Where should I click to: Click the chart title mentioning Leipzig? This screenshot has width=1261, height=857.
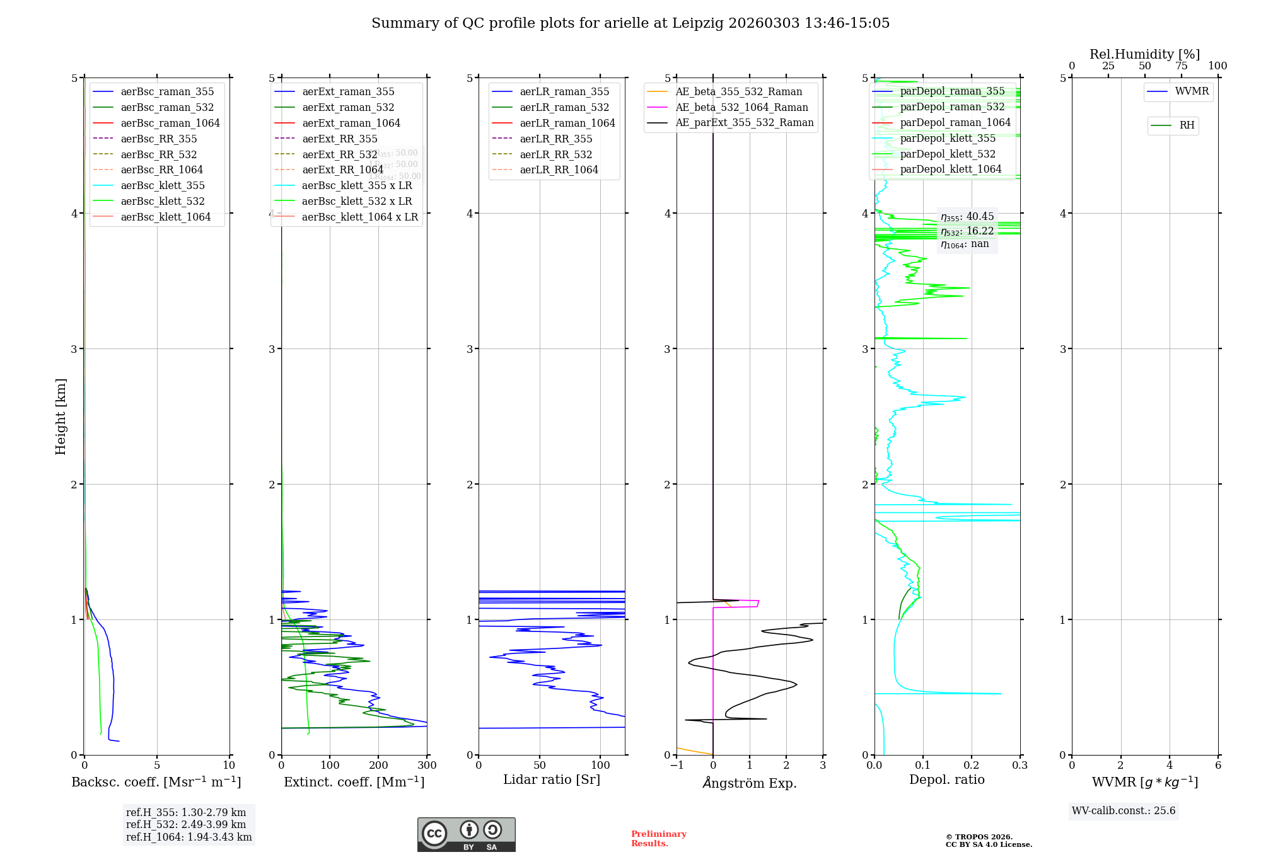click(630, 23)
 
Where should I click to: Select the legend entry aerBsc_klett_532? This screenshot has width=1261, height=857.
click(163, 202)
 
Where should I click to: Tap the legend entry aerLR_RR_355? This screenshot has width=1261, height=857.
click(555, 139)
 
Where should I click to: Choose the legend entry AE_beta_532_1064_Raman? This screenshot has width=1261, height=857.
click(741, 108)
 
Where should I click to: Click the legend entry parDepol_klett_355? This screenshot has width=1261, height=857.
click(948, 139)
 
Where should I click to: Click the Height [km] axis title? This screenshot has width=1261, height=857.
click(61, 417)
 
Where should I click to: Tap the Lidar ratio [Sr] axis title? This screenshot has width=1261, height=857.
click(552, 780)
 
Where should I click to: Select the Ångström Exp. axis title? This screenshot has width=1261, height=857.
click(750, 783)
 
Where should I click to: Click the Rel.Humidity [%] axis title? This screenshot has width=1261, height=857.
click(1144, 54)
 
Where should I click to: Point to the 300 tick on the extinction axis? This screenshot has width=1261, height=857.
click(427, 766)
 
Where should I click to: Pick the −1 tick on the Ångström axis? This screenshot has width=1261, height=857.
click(677, 766)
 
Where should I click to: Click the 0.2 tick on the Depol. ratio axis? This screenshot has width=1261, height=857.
click(972, 766)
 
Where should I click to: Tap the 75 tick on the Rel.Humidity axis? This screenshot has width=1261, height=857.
click(1181, 66)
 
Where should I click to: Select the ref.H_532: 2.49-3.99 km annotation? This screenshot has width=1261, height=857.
click(186, 825)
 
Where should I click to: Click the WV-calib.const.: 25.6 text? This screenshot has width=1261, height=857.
click(1124, 811)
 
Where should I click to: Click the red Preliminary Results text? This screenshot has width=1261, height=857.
click(658, 839)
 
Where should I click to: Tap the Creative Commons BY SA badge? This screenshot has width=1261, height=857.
click(466, 835)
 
